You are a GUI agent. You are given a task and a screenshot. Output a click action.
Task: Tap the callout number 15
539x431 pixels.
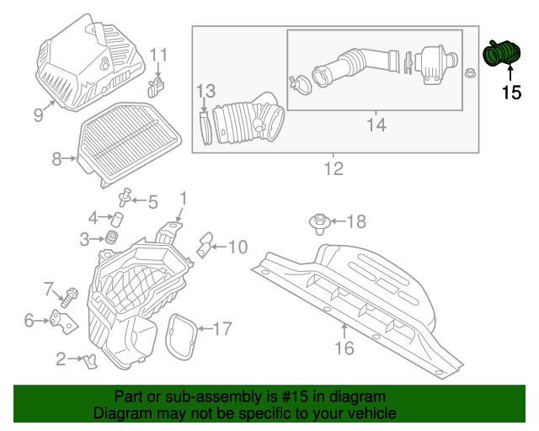click(x=511, y=93)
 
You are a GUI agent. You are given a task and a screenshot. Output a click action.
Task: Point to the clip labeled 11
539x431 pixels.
click(x=156, y=86)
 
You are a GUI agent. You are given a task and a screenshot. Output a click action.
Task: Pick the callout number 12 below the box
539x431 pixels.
click(x=334, y=169)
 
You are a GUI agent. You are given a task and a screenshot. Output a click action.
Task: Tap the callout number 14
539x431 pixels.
click(x=376, y=125)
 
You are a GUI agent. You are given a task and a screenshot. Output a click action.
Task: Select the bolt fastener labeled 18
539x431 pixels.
click(x=319, y=223)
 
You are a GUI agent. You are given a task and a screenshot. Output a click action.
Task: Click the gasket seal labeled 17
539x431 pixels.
click(x=181, y=335)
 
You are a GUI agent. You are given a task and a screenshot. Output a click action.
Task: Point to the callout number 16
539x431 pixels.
click(x=344, y=348)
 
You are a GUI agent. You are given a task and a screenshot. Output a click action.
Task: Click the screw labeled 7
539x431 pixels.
click(x=71, y=295)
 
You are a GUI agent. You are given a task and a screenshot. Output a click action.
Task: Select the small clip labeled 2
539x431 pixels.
click(x=90, y=360)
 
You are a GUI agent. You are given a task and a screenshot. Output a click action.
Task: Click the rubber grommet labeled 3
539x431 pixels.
click(x=109, y=241)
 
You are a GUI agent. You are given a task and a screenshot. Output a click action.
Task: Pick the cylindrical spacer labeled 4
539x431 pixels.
click(x=119, y=221)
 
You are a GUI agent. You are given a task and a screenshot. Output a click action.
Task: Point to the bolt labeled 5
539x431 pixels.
click(x=126, y=198)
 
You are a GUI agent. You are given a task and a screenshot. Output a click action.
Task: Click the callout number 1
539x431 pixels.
click(x=182, y=199)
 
